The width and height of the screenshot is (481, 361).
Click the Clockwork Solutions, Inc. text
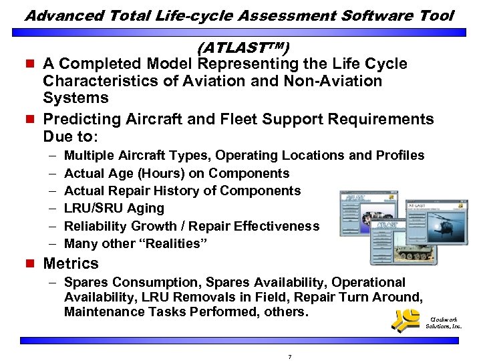(x=444, y=322)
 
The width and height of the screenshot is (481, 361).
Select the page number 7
(x=289, y=356)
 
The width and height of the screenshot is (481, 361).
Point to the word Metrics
(x=70, y=263)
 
